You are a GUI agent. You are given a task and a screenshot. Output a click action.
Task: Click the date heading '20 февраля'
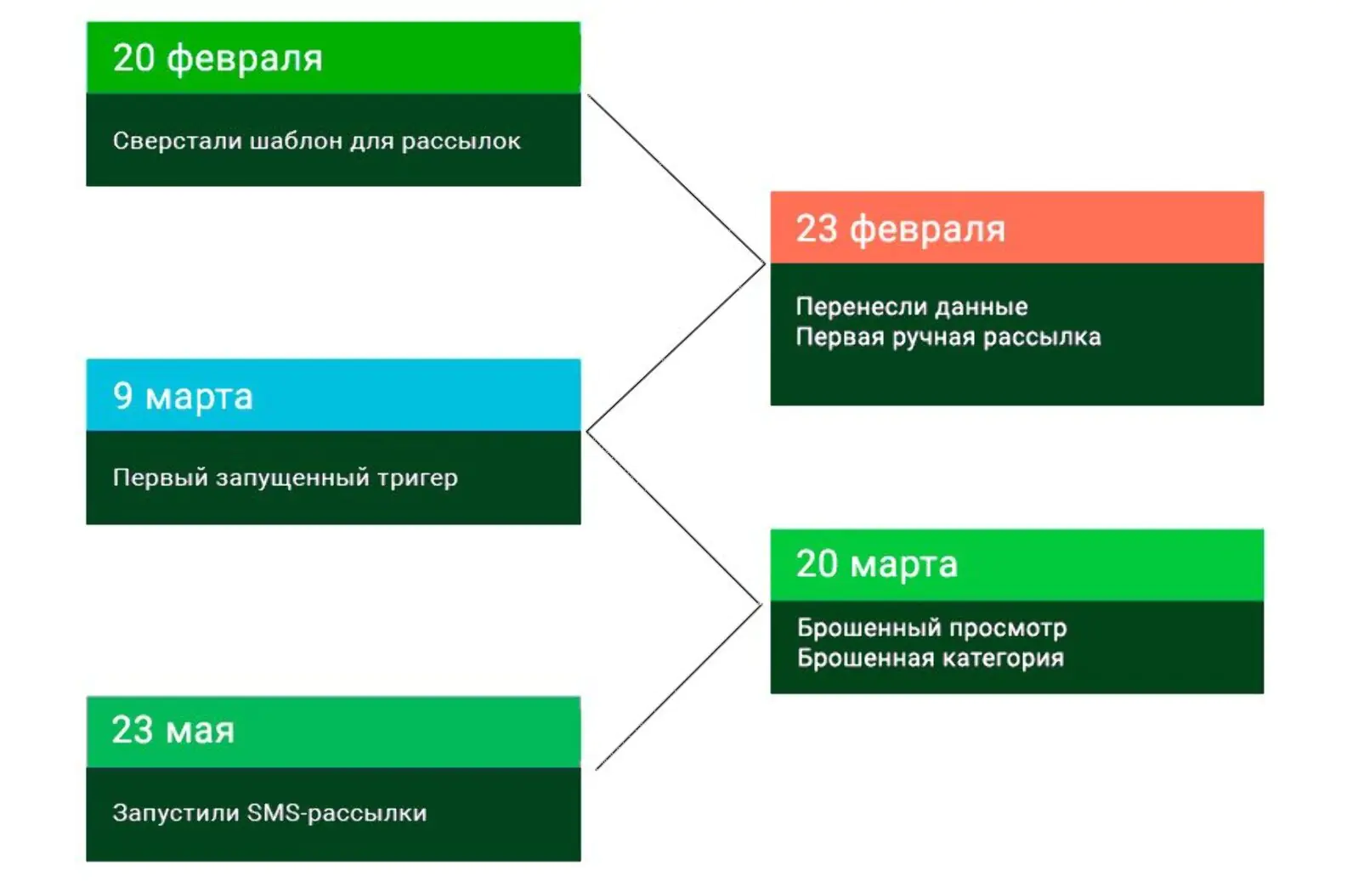(218, 59)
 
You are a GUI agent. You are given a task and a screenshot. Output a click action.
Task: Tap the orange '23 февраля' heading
(900, 229)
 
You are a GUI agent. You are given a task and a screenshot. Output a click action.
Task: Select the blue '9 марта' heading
(183, 397)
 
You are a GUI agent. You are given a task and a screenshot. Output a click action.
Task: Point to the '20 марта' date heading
(877, 564)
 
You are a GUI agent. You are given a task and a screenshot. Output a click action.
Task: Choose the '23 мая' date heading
(173, 730)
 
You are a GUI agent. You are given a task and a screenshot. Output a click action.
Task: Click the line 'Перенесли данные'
(912, 307)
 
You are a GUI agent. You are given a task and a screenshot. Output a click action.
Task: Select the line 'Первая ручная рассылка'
(948, 337)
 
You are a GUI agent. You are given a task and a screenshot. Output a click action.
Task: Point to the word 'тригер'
(418, 478)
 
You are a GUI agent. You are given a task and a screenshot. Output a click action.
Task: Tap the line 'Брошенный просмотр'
(931, 629)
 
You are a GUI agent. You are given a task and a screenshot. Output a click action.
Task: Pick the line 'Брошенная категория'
(931, 659)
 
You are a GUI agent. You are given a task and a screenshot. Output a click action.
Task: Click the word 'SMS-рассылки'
(337, 813)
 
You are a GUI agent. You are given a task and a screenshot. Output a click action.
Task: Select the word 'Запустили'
(177, 813)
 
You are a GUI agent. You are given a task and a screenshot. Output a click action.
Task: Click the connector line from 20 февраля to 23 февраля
(676, 179)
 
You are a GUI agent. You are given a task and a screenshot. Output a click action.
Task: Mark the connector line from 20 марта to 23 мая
(678, 687)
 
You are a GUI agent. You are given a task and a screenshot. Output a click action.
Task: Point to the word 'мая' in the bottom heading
(200, 731)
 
